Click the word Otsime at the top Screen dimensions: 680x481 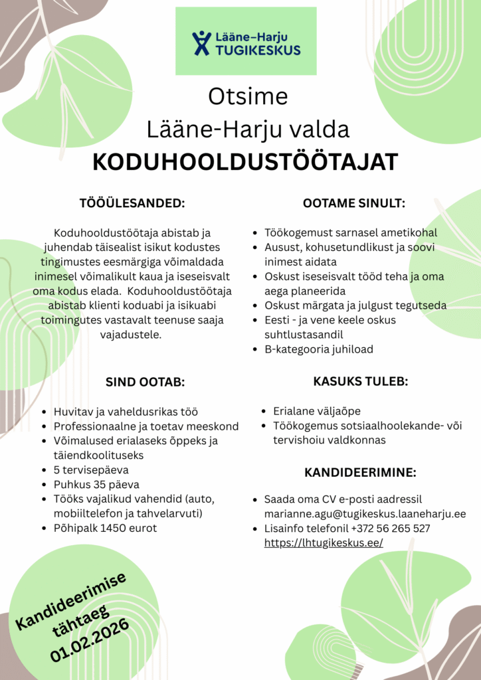tap(248, 96)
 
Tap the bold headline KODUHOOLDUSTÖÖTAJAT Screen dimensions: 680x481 tap(244, 161)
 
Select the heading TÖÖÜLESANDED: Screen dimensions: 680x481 tap(132, 203)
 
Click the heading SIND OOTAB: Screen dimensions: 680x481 tap(145, 382)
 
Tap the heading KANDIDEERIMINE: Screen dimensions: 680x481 tap(360, 473)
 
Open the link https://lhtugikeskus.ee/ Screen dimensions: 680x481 tap(324, 543)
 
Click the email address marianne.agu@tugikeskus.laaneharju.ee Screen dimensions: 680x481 tap(365, 513)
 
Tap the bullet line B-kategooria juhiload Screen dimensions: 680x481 tap(319, 349)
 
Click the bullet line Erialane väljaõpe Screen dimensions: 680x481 tap(317, 411)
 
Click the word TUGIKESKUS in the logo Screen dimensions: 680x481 tap(258, 50)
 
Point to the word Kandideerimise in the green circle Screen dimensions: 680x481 tap(71, 600)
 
